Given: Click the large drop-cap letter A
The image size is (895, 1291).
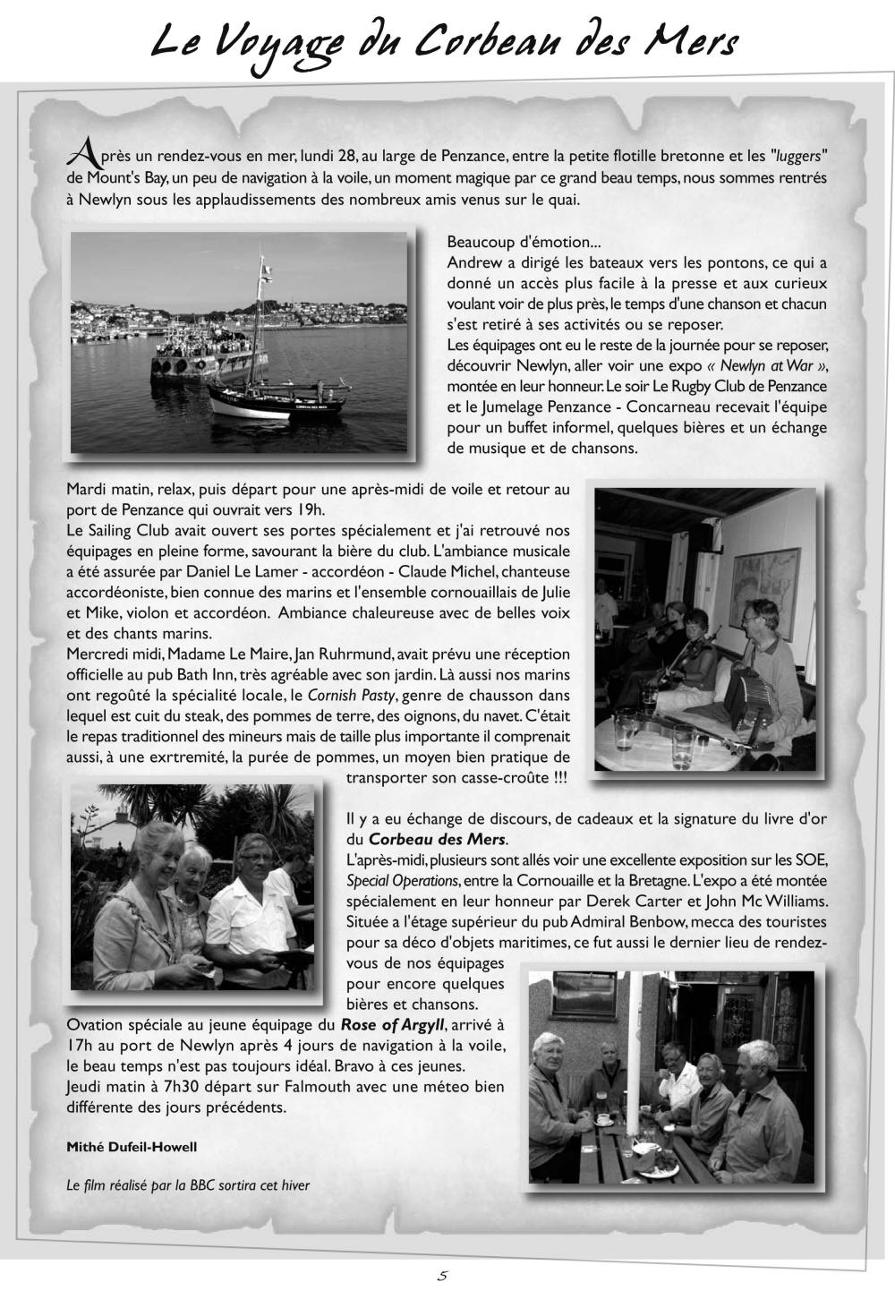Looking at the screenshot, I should (x=81, y=154).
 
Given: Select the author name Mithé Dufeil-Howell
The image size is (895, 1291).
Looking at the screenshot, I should (x=132, y=1147).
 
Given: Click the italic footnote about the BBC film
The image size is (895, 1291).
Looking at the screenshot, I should (x=188, y=1185).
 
